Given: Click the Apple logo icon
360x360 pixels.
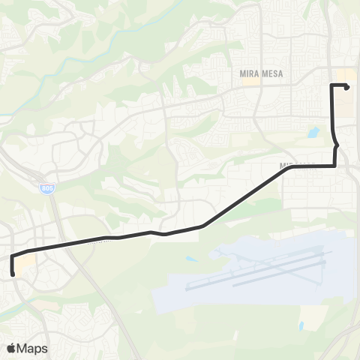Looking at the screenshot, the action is (x=11, y=348).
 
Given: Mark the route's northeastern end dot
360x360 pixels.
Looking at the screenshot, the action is (x=346, y=86).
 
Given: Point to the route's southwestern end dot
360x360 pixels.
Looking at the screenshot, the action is (x=13, y=274).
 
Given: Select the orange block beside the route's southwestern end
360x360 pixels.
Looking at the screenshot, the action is (x=25, y=262).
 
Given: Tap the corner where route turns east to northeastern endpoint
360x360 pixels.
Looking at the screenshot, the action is (x=331, y=85).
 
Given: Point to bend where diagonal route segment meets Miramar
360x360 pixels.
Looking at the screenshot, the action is (x=287, y=167).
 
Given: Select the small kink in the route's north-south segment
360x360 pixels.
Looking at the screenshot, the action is (x=336, y=142).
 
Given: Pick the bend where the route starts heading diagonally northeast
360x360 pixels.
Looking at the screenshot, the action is (x=202, y=226).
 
